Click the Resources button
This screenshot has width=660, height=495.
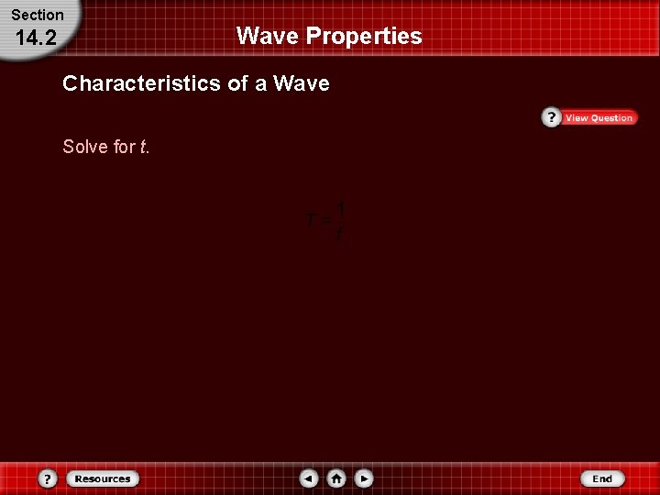point(102,478)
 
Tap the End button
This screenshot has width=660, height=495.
point(601,478)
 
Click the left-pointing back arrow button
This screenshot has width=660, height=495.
point(310,478)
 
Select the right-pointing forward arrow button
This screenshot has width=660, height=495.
point(364,478)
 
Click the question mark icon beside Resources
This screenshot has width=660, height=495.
point(48,478)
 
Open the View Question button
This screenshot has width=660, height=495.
point(599,118)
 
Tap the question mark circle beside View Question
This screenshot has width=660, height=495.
point(551,118)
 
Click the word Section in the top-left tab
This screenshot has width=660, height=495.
point(38,15)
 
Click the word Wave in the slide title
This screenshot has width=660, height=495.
point(268,36)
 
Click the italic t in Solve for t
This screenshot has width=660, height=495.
point(144,147)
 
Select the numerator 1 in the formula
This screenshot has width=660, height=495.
point(339,210)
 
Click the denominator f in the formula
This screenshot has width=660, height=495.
point(339,234)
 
